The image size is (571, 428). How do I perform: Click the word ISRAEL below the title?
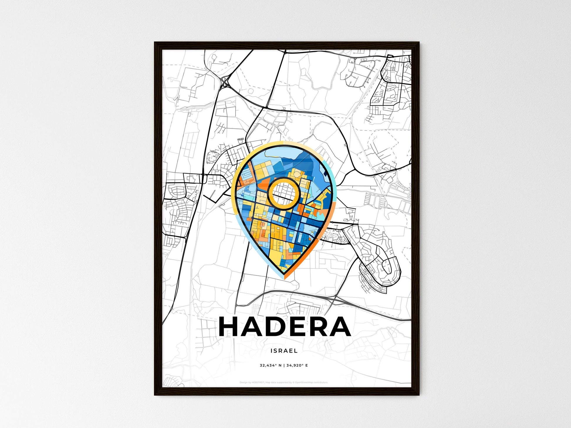point(284,351)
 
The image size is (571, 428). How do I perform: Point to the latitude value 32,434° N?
point(271,366)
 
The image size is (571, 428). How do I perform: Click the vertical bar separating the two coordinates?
point(284,366)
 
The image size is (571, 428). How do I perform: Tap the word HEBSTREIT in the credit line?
point(258,383)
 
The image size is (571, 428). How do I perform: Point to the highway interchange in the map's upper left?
point(225,82)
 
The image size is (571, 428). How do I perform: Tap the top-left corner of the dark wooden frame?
point(156,43)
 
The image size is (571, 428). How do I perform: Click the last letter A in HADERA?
point(341,327)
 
